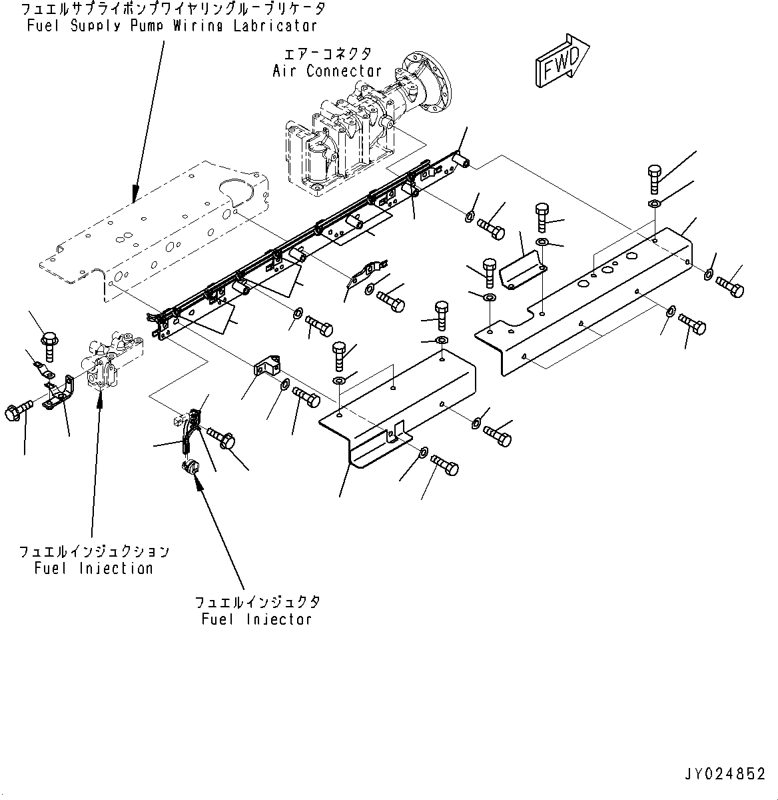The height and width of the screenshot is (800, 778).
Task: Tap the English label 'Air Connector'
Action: tap(327, 71)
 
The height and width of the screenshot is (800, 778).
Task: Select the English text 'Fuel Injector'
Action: tap(256, 619)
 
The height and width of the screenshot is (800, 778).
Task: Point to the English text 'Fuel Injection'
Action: tap(94, 568)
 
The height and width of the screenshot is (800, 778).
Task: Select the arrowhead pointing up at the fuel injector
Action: tap(197, 478)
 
